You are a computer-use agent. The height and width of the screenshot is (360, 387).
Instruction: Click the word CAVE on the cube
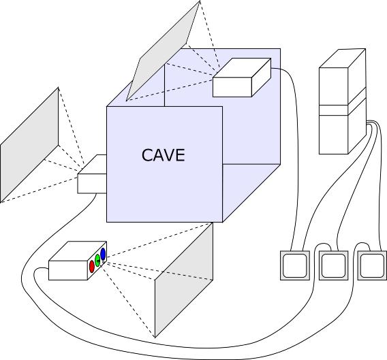(x=163, y=155)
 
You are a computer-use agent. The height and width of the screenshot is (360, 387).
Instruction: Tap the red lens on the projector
(x=92, y=267)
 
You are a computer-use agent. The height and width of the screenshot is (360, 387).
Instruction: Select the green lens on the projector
(x=97, y=261)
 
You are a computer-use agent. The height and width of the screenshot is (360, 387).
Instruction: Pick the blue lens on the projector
(x=103, y=255)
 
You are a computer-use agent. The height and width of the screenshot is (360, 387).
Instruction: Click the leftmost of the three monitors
(x=295, y=265)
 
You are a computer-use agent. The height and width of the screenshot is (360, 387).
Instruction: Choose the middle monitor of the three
(x=333, y=265)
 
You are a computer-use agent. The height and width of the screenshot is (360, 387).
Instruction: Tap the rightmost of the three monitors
(x=372, y=265)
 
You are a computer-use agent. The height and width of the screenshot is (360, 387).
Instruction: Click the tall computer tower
(x=342, y=101)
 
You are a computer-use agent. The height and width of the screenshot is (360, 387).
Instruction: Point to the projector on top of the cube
(x=242, y=78)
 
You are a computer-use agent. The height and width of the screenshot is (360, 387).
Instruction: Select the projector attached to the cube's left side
(x=92, y=174)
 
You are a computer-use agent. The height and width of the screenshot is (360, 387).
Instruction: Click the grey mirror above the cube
(x=163, y=51)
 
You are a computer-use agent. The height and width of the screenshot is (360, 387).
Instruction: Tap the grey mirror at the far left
(x=29, y=145)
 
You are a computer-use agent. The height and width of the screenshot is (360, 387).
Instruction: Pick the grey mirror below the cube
(x=184, y=280)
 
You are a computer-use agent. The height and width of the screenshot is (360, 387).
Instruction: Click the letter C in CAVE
(x=147, y=155)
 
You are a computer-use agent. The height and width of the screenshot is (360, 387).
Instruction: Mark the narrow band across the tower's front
(x=333, y=110)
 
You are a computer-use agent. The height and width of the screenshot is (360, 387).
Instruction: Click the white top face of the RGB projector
(x=78, y=251)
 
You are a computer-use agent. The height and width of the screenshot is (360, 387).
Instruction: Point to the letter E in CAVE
(x=181, y=155)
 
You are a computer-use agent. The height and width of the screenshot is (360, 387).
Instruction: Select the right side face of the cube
(x=251, y=193)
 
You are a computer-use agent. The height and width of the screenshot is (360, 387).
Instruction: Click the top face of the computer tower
(x=342, y=59)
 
